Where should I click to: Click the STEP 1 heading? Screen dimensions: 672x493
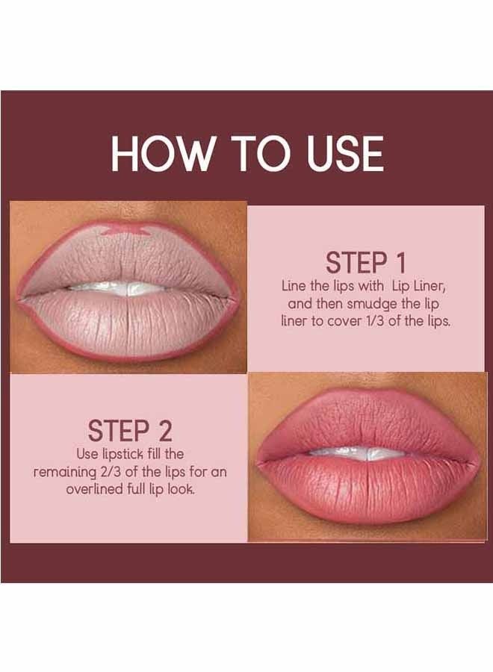pyautogui.click(x=365, y=264)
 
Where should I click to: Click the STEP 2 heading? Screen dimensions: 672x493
pyautogui.click(x=130, y=431)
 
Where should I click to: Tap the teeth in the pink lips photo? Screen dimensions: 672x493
pyautogui.click(x=358, y=453)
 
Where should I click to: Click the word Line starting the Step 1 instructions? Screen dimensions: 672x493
pyautogui.click(x=294, y=286)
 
